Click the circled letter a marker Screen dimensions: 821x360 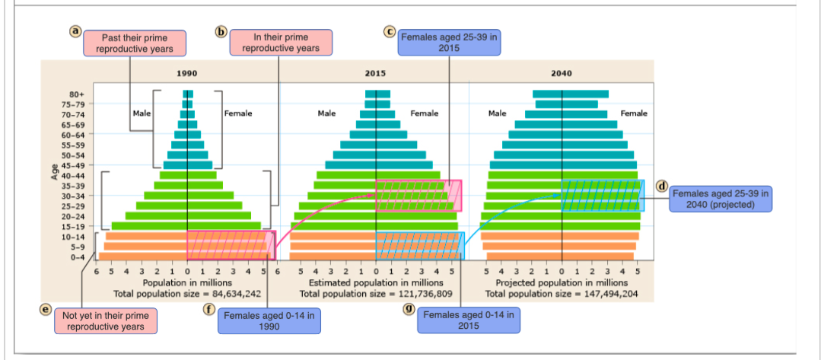click(x=76, y=32)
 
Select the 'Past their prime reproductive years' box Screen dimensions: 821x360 click(x=136, y=43)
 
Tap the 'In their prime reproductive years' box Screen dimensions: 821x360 click(x=281, y=43)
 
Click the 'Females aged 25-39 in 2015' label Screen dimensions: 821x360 click(x=449, y=42)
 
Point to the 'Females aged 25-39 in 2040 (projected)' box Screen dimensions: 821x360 click(x=721, y=199)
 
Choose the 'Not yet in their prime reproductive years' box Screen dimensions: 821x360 click(x=105, y=320)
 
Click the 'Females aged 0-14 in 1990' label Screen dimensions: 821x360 click(x=269, y=320)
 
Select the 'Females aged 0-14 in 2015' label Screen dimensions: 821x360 click(x=469, y=320)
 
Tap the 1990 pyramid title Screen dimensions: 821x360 click(x=187, y=73)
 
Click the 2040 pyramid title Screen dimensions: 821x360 click(x=562, y=73)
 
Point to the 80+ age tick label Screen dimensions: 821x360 click(x=77, y=94)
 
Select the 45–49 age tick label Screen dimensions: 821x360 click(x=73, y=164)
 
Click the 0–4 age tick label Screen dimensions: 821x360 click(x=76, y=256)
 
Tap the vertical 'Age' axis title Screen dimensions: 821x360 click(x=55, y=174)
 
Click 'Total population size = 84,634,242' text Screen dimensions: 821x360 click(x=187, y=294)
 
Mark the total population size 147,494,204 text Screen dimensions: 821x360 click(x=562, y=294)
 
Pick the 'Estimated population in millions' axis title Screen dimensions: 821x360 click(x=375, y=283)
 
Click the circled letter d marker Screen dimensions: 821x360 click(x=663, y=186)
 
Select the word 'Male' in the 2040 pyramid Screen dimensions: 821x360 click(x=498, y=113)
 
